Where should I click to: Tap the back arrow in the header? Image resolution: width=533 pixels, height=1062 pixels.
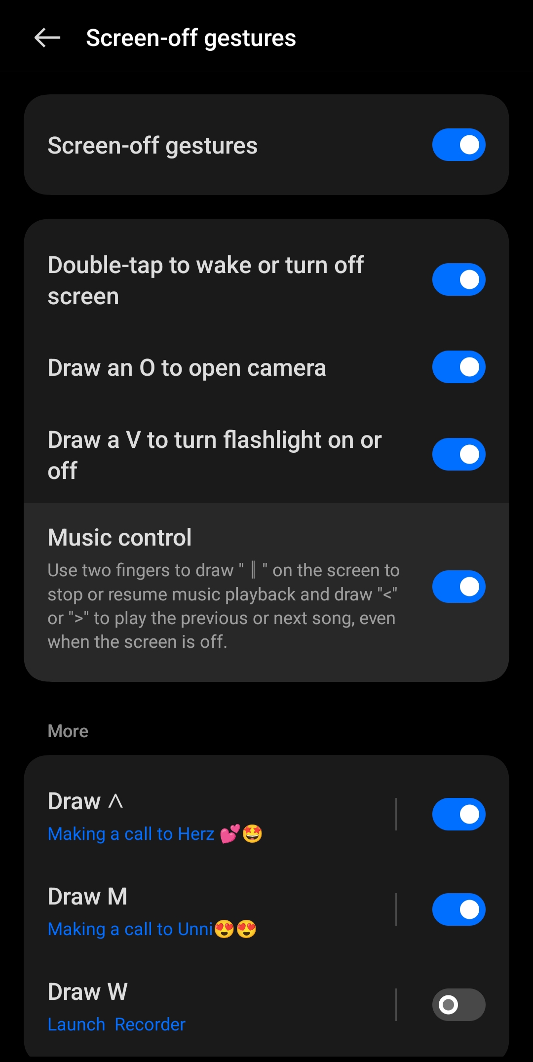(47, 38)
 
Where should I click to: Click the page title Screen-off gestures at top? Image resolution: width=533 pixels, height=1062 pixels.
(191, 39)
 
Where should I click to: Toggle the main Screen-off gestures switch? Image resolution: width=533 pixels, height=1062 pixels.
(459, 145)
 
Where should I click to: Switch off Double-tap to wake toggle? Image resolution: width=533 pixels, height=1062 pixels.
(459, 279)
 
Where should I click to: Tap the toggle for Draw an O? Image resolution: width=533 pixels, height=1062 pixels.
(459, 367)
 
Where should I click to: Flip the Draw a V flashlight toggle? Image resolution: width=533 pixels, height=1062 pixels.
(459, 454)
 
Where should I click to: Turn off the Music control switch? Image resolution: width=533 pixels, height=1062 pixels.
(459, 587)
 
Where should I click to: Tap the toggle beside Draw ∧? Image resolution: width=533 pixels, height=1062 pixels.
(459, 814)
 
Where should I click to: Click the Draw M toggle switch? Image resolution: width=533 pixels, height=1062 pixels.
(459, 909)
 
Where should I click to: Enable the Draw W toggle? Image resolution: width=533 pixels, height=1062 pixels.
(459, 1005)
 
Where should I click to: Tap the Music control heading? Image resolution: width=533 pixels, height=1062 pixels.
(119, 537)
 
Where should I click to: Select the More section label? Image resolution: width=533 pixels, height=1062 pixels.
(68, 731)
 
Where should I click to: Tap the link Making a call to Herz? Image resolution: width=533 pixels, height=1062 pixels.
(131, 834)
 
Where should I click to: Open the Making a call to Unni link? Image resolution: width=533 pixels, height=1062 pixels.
(130, 929)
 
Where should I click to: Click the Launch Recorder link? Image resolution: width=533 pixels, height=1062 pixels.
(116, 1024)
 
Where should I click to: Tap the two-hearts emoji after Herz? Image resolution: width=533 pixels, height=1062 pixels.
(230, 834)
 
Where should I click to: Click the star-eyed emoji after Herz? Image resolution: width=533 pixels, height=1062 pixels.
(252, 834)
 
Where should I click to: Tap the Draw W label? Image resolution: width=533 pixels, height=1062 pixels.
(87, 991)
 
